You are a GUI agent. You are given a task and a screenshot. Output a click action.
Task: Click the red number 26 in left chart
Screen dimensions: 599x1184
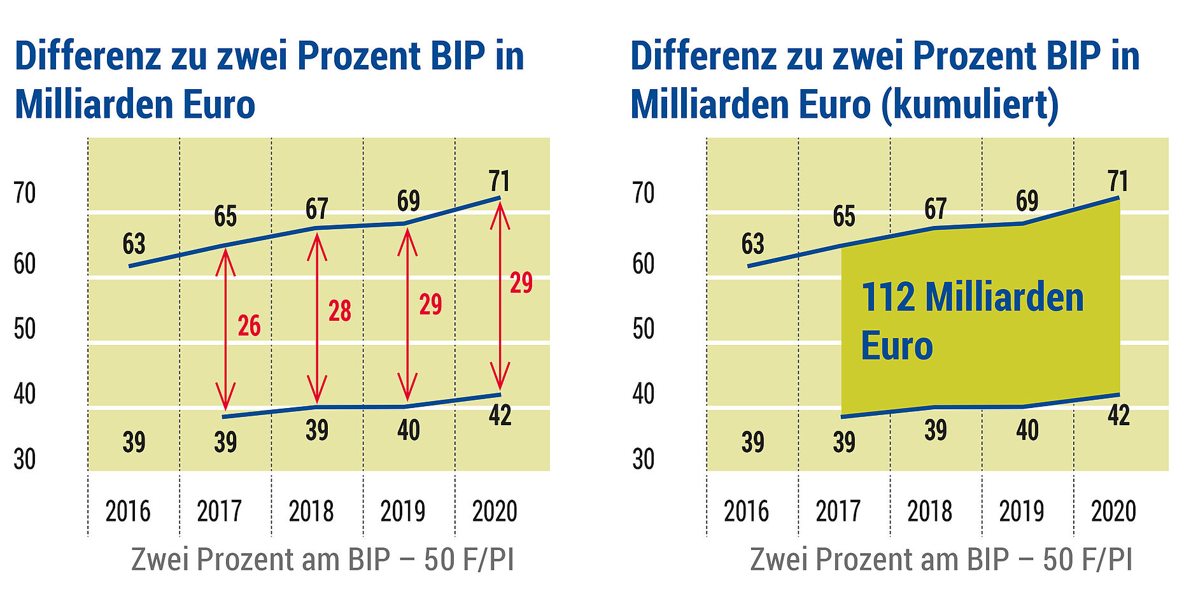[x=249, y=326]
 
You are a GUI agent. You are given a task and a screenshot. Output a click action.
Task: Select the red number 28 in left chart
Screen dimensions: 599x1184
[x=339, y=311]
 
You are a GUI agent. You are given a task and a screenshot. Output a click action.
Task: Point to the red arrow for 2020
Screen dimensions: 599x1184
[x=500, y=295]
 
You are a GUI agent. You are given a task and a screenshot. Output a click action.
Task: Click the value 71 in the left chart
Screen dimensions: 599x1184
[x=499, y=181]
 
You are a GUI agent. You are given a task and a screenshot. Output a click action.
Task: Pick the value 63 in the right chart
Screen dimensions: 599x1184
[x=752, y=244]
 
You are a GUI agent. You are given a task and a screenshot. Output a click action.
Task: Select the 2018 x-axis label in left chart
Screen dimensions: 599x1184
[x=311, y=511]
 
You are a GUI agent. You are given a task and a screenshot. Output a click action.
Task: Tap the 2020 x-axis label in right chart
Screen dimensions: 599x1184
[x=1113, y=511]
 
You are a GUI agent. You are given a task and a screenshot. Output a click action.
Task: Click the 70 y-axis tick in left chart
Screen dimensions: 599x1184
[x=25, y=194]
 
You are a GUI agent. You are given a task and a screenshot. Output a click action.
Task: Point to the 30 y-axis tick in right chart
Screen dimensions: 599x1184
[x=643, y=459]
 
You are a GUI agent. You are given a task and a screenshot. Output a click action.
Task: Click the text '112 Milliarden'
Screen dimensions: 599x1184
[x=971, y=298]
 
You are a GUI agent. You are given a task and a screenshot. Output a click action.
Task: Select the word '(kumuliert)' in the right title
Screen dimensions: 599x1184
[x=970, y=104]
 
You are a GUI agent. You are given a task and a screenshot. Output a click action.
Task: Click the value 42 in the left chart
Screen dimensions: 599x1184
[x=500, y=416]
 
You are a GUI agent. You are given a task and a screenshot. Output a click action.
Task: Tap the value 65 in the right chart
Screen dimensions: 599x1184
[x=844, y=217]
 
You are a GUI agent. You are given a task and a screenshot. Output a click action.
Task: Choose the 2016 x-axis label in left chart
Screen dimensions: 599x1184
[x=128, y=511]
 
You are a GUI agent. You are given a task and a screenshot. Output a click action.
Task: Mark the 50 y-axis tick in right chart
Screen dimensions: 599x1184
[x=643, y=329]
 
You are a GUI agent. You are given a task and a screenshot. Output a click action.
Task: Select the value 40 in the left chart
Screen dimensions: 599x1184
[x=408, y=431]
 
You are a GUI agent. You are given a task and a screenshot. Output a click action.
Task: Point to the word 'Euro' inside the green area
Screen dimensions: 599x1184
[x=896, y=346]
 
